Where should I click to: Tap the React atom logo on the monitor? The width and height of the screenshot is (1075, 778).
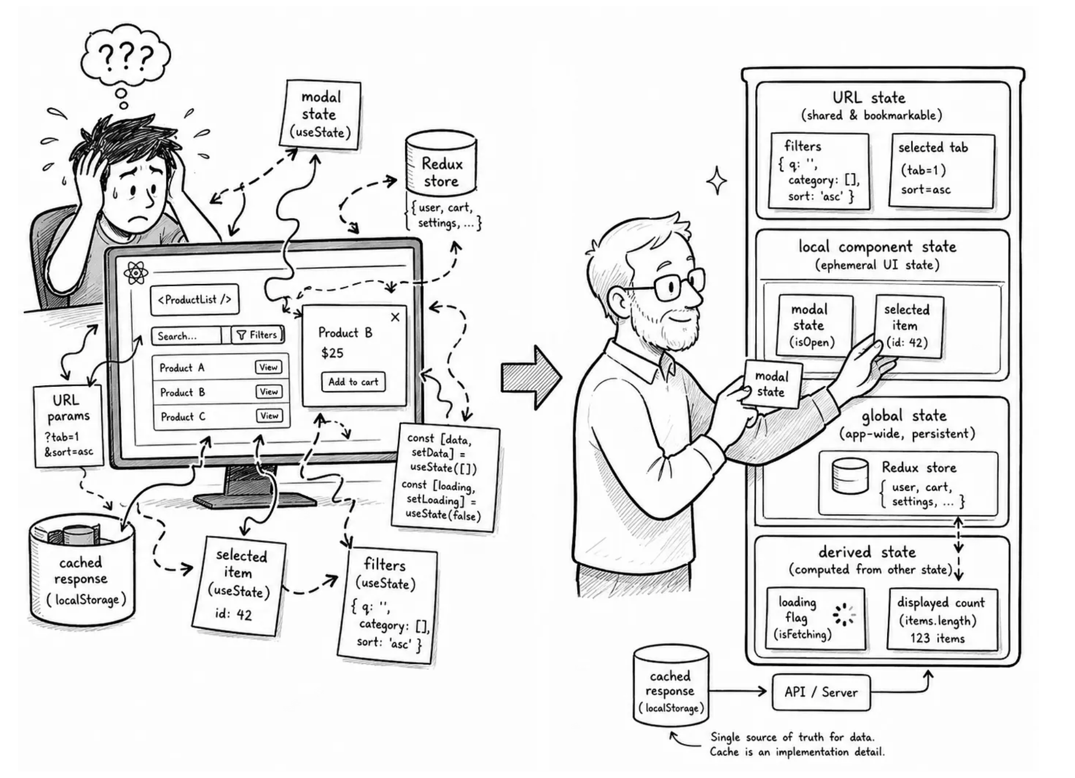tap(135, 273)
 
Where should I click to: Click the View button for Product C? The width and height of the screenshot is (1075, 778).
tap(269, 416)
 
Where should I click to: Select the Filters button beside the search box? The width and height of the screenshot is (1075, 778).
tap(257, 335)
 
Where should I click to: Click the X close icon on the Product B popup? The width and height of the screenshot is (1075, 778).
tap(395, 317)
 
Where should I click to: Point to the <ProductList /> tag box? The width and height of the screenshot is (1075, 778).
tap(194, 299)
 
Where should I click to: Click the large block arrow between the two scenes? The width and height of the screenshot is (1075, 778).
tap(530, 377)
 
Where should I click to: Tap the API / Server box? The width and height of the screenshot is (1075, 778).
tap(821, 692)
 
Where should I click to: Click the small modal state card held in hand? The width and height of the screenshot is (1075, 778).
tap(771, 384)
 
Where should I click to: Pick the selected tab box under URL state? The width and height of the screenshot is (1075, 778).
tap(942, 171)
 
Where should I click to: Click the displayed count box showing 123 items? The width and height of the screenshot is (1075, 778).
tap(942, 619)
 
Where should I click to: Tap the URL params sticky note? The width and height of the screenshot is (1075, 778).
tap(69, 426)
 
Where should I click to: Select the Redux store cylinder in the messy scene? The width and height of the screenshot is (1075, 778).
tap(441, 162)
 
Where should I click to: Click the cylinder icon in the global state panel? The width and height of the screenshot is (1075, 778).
tap(850, 476)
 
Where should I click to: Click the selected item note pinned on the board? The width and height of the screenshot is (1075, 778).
tap(908, 326)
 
